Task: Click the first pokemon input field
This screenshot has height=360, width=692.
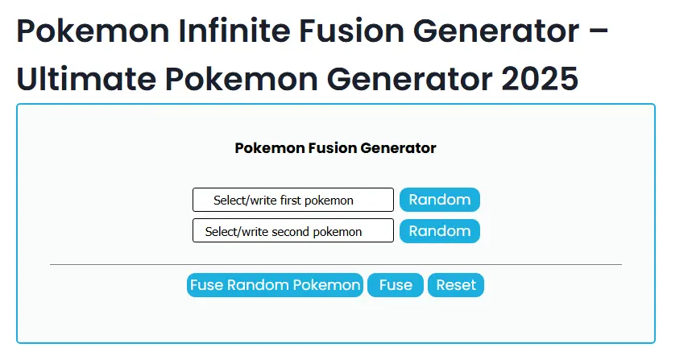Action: pyautogui.click(x=292, y=200)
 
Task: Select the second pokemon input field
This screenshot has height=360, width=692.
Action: pyautogui.click(x=292, y=231)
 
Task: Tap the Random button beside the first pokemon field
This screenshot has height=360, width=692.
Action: pyautogui.click(x=439, y=200)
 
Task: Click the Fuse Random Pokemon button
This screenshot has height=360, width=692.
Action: pyautogui.click(x=275, y=285)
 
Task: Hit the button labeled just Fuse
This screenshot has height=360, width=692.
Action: pyautogui.click(x=395, y=285)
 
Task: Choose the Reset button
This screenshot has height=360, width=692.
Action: pyautogui.click(x=455, y=285)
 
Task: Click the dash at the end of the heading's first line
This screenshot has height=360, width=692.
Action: pyautogui.click(x=594, y=33)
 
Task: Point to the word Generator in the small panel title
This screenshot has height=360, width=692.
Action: pyautogui.click(x=398, y=148)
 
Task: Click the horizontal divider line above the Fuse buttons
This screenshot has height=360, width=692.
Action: pyautogui.click(x=335, y=264)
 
